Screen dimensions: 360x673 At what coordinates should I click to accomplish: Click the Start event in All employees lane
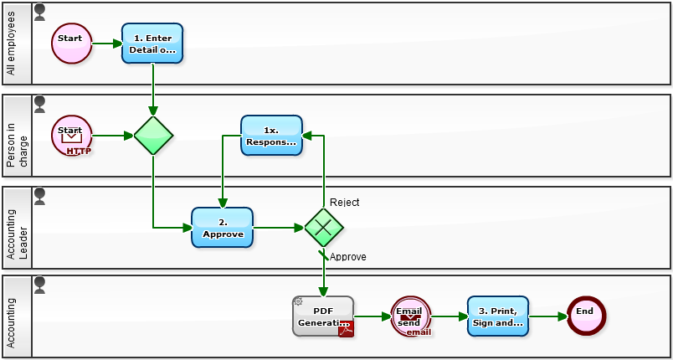click(x=72, y=43)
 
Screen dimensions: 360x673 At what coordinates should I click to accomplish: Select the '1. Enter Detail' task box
click(x=152, y=44)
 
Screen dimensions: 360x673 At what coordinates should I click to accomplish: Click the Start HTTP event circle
click(x=72, y=136)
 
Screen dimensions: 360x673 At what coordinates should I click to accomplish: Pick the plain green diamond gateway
click(x=153, y=136)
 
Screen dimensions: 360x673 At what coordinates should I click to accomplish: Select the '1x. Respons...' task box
click(x=271, y=136)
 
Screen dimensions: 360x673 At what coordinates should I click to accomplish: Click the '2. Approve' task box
click(x=222, y=228)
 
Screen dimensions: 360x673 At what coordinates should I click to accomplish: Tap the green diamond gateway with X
click(x=323, y=228)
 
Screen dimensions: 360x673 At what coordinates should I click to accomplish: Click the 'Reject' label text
click(x=344, y=203)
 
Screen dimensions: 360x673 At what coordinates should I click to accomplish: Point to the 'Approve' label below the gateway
click(x=347, y=257)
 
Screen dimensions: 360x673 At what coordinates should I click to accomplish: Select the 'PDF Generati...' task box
click(x=322, y=316)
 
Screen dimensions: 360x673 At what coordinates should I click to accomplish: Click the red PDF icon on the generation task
click(x=346, y=329)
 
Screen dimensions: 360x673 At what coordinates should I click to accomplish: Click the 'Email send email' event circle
click(x=410, y=316)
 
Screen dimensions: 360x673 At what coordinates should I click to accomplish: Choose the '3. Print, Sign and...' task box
click(x=498, y=316)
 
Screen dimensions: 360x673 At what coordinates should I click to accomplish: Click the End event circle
click(x=585, y=316)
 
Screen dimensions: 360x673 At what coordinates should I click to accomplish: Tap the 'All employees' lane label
click(x=11, y=44)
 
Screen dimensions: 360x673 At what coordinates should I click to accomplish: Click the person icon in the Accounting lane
click(x=39, y=285)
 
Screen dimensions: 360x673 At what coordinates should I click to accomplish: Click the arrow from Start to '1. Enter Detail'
click(x=106, y=43)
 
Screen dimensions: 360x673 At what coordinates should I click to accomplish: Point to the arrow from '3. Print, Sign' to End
click(x=547, y=316)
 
